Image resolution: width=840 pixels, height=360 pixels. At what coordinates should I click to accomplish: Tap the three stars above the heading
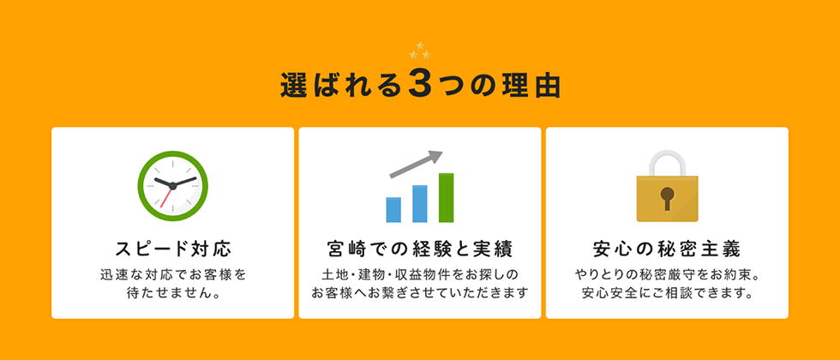coord(420,51)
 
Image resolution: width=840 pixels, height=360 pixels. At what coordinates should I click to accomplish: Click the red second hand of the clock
coord(166,197)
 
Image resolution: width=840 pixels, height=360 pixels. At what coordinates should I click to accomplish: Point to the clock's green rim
coord(141,186)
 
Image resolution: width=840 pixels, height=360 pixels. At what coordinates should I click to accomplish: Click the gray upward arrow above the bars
coord(417,164)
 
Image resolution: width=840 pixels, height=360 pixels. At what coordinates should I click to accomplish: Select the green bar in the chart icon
coord(447,198)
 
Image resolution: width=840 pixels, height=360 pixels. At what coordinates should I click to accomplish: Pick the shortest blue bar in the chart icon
coord(393,210)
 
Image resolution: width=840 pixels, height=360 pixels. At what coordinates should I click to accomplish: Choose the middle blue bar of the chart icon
coord(420,204)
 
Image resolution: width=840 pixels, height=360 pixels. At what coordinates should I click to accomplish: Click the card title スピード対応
coord(173,249)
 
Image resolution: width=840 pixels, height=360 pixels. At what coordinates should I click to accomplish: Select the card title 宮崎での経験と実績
coord(420,249)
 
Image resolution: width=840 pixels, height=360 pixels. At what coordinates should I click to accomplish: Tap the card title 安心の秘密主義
coord(667,249)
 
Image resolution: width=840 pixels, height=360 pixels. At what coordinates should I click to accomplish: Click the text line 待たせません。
coord(173,294)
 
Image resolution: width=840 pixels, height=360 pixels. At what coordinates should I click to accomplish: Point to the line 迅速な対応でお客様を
coord(173,275)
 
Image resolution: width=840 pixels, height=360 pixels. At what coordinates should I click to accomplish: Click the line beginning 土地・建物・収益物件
coord(420,275)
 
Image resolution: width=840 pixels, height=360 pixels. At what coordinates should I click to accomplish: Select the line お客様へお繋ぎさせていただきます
coord(420,294)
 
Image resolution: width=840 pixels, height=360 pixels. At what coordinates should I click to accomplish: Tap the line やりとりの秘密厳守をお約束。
coord(667,275)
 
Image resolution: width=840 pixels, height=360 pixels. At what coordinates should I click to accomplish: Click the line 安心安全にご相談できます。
coord(667,294)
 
